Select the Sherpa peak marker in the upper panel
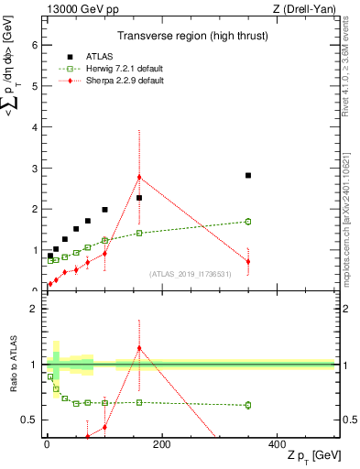click(139, 177)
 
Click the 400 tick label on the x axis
click(278, 444)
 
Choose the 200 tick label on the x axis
click(162, 444)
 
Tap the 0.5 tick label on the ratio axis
click(29, 420)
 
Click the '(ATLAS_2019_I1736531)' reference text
click(190, 273)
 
